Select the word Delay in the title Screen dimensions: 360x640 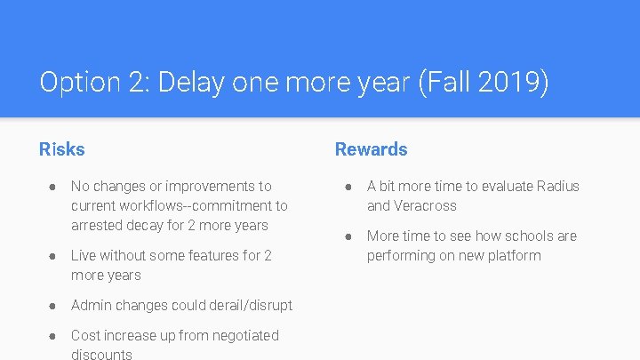[x=190, y=84]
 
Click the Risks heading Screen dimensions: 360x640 [x=62, y=149]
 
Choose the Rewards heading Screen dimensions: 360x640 [x=371, y=149]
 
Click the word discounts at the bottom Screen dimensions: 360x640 [x=101, y=354]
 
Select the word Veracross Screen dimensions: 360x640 [x=426, y=205]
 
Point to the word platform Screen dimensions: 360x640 [x=512, y=255]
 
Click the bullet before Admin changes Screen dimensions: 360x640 [x=53, y=306]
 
